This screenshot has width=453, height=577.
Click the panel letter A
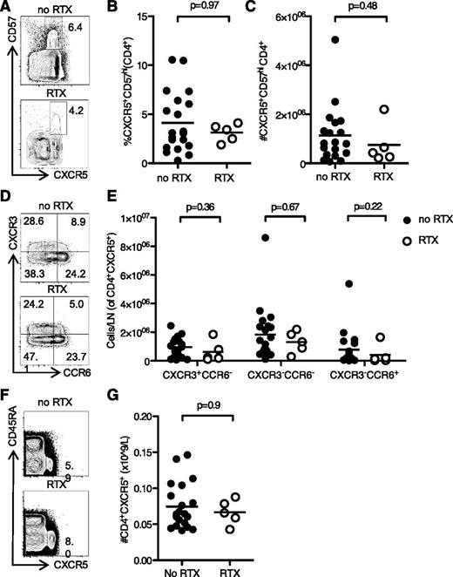tap(7, 9)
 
